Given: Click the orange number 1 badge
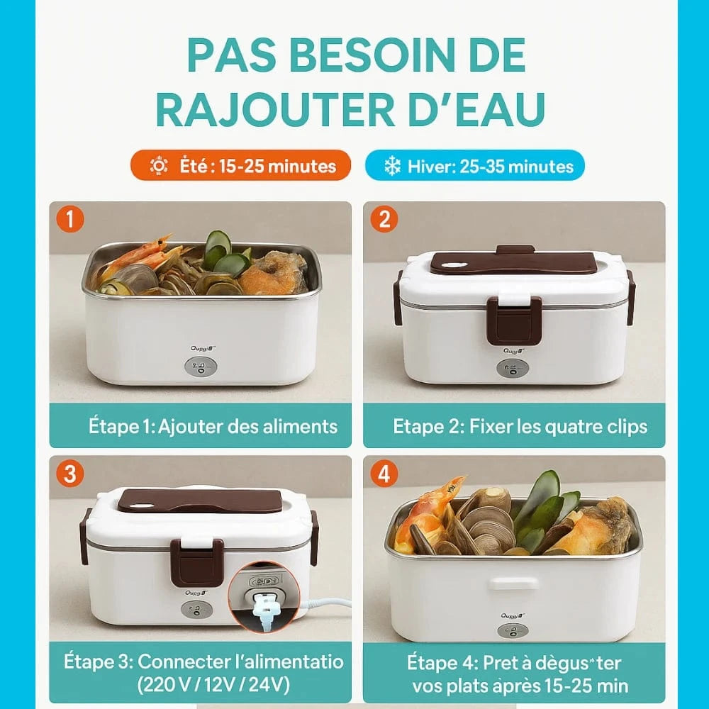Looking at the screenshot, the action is coord(70,219).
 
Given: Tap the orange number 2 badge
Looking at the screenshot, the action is coord(384,219).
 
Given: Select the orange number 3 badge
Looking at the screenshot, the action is coord(70,474).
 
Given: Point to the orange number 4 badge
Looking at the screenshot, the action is coord(384,474).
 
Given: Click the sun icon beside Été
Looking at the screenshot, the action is coord(159,166).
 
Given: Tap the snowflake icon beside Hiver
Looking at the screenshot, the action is coord(392,166).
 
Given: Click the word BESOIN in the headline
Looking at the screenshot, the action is coord(375,55).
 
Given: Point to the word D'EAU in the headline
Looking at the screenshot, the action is coord(477,110).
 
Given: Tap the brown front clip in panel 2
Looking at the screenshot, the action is coord(514,320).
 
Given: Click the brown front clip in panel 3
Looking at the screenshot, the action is coord(197,562).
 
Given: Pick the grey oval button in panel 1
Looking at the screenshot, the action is coord(201,367).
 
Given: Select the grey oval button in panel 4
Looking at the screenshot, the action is coord(513,632).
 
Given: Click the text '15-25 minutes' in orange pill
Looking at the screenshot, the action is coord(278,167).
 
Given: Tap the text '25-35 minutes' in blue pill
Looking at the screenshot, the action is coord(517,167).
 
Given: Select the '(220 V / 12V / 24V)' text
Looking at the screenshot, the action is coord(213,685).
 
